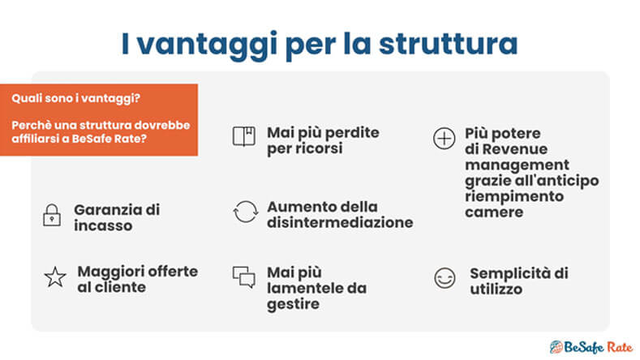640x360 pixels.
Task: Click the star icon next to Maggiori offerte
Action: [54, 277]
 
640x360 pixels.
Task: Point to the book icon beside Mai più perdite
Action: [243, 137]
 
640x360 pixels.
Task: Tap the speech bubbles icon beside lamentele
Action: [243, 277]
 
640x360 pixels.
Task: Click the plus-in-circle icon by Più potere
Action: [444, 139]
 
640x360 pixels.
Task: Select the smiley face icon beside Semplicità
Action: [445, 279]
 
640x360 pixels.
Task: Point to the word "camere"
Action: [494, 212]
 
